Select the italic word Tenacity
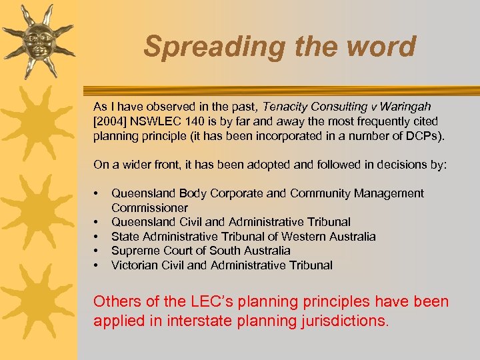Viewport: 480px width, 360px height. point(285,107)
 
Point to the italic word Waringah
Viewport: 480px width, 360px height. point(406,107)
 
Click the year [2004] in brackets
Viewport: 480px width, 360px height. point(111,121)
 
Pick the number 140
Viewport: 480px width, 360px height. point(203,121)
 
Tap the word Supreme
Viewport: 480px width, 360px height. point(133,251)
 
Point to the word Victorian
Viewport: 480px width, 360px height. point(135,265)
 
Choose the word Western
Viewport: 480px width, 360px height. point(305,237)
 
